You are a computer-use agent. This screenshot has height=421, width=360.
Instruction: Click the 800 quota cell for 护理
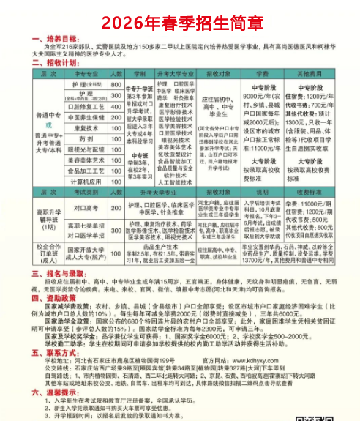click(x=116, y=85)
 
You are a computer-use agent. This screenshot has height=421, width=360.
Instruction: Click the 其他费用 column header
click(x=320, y=74)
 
